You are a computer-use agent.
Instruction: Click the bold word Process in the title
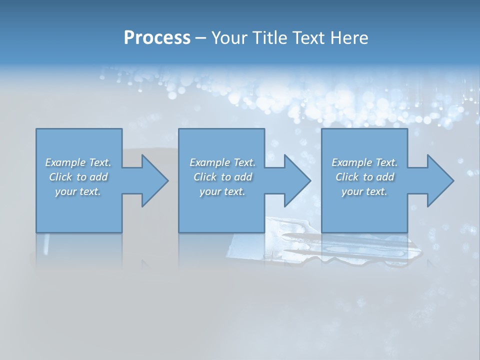click(157, 38)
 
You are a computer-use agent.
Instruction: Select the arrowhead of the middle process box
click(296, 180)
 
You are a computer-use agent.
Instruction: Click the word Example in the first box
click(65, 162)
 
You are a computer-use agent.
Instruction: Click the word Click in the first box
click(60, 177)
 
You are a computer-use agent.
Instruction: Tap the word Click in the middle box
click(205, 177)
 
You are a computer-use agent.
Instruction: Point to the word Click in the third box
click(347, 177)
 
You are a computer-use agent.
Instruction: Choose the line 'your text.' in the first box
click(78, 191)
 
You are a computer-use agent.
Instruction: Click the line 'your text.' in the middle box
click(222, 191)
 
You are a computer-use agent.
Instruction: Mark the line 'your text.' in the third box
click(364, 191)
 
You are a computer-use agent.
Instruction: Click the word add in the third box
click(385, 177)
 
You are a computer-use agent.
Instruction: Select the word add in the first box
click(98, 177)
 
